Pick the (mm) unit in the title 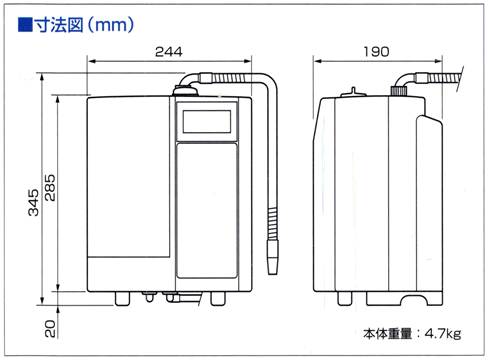pos(112,18)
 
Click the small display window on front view pos(207,122)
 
